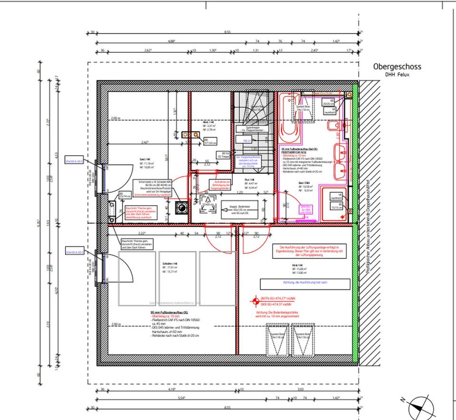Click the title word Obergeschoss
(397, 67)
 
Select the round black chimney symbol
(181, 207)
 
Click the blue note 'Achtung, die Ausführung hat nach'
(304, 284)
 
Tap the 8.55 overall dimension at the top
(227, 32)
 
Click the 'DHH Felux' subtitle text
(397, 75)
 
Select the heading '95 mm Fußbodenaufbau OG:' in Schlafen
(170, 313)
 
